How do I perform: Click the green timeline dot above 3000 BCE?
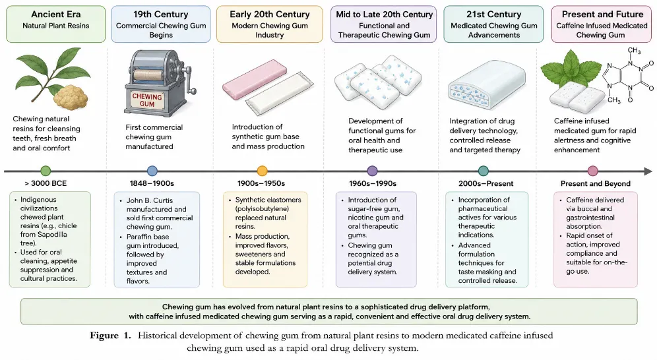point(46,171)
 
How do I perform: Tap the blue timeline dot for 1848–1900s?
point(152,171)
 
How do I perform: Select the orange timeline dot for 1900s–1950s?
point(263,171)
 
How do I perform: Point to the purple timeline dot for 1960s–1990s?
point(372,171)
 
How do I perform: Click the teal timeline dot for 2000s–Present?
point(483,171)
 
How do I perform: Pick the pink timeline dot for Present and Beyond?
point(592,171)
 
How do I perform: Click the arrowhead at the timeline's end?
point(648,171)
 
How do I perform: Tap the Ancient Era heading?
point(55,15)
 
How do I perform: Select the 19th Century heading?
point(160,15)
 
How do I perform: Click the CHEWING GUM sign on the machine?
point(146,100)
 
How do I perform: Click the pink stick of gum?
point(255,79)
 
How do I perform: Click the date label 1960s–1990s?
point(373,183)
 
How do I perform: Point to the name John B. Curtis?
point(150,200)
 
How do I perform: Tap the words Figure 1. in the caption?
point(110,336)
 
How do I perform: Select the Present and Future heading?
point(602,15)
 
